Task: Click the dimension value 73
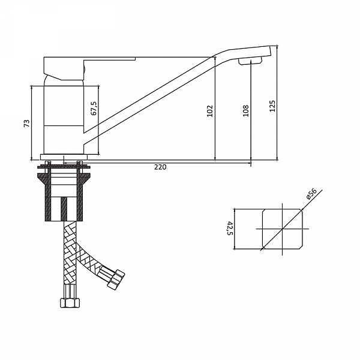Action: coord(27,123)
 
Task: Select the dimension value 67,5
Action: coord(94,108)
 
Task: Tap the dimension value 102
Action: coord(210,111)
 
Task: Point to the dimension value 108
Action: coord(245,110)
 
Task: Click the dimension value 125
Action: coord(272,106)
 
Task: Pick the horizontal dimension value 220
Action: coord(160,167)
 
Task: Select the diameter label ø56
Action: coord(311,194)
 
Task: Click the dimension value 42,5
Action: coord(230,228)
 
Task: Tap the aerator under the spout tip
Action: coord(250,61)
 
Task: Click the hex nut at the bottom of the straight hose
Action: coord(70,302)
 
